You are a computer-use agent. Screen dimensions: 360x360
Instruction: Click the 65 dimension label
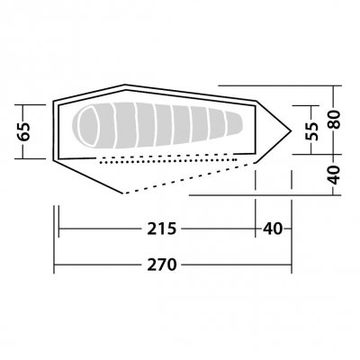24,131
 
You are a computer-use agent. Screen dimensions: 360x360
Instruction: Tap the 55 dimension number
312,130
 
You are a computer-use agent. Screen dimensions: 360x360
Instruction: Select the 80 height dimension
334,120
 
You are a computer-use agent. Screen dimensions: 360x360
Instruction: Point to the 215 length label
162,229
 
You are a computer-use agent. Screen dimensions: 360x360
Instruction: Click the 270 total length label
162,265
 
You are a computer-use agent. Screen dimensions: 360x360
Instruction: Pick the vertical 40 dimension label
334,175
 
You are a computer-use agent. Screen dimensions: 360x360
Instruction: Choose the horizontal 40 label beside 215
273,229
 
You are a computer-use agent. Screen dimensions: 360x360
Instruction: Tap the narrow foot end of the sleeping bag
237,124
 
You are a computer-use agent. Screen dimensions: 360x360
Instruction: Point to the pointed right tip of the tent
291,130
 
